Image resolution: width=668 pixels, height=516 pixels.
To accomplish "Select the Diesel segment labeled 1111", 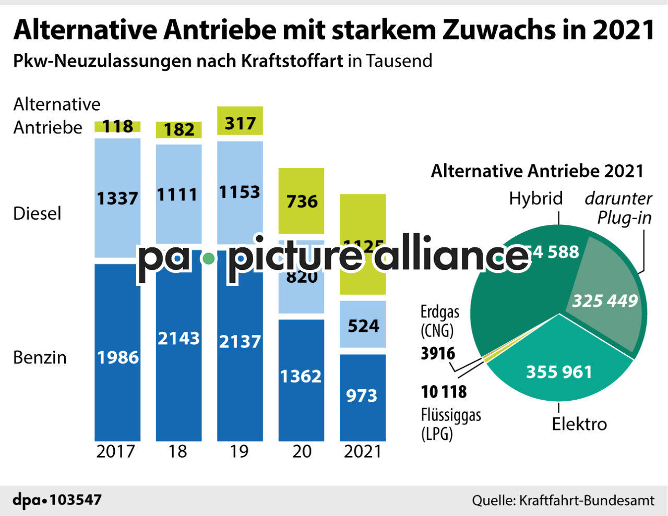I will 178,195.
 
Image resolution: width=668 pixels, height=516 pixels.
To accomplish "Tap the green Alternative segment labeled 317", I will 240,123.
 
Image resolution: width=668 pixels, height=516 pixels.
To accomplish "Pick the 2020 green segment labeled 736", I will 301,201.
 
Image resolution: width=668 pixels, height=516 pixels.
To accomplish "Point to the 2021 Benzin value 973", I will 362,396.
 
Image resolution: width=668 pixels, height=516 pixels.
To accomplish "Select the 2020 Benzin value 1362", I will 301,376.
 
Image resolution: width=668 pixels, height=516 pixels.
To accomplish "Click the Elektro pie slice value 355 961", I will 559,371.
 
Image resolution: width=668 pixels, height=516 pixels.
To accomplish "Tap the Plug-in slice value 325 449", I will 605,301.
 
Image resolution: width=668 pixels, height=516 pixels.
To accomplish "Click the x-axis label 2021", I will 363,451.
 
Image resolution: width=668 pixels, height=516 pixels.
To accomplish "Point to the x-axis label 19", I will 240,451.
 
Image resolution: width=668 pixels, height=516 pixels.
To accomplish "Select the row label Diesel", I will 37,213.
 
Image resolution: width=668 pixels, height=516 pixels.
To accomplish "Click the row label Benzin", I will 40,357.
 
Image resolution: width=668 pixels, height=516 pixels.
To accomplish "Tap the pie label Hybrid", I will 536,198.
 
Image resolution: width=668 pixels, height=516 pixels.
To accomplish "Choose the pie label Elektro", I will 579,424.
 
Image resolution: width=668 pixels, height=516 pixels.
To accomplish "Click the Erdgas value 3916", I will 438,354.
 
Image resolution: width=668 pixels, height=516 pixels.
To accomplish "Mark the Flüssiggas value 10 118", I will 444,391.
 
